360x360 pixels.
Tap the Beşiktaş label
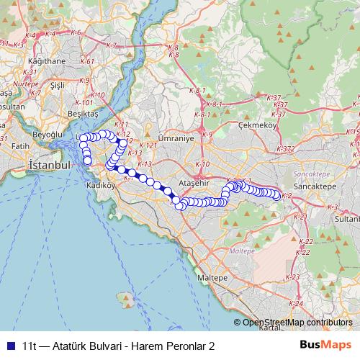[81, 114]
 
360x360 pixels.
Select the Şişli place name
[58, 85]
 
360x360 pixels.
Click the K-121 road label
[148, 145]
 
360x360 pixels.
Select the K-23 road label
[293, 276]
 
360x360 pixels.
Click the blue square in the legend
[9, 346]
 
